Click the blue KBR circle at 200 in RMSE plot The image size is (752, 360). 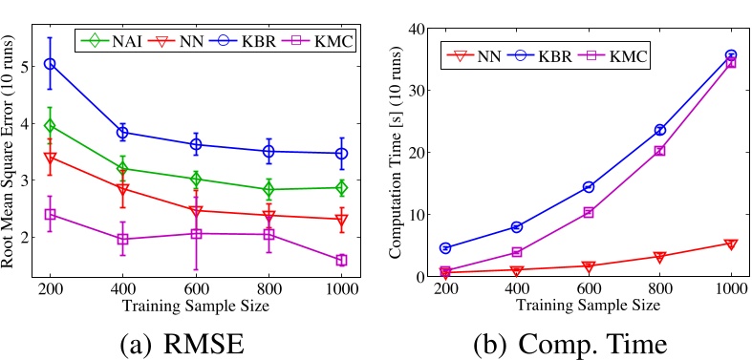(51, 64)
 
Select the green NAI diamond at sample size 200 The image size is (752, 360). (51, 125)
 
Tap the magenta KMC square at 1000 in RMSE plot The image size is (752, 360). (341, 260)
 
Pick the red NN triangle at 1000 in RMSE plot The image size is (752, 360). (341, 221)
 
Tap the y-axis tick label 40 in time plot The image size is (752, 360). (420, 29)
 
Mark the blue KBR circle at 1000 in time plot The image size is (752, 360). (731, 56)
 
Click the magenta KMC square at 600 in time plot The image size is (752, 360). (588, 212)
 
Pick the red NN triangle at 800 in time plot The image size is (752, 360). (659, 257)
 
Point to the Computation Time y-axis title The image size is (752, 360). (397, 152)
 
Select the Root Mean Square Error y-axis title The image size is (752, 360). (11, 152)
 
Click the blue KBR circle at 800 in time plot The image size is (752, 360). (659, 130)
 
